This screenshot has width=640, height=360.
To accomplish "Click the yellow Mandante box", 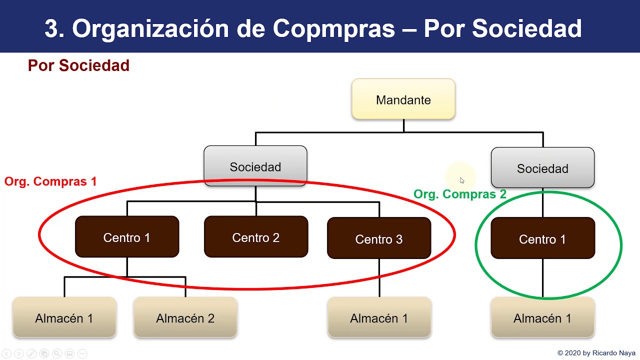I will pyautogui.click(x=403, y=99).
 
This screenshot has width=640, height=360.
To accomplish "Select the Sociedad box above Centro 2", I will pyautogui.click(x=255, y=166).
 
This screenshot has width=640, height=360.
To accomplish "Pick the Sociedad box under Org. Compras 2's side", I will pyautogui.click(x=542, y=168).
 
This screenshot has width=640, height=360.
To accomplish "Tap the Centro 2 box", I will pyautogui.click(x=255, y=237).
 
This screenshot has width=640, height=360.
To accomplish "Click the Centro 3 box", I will pyautogui.click(x=378, y=239).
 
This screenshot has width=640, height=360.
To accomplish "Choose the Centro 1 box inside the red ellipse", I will pyautogui.click(x=126, y=237).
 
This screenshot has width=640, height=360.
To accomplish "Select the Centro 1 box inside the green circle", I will pyautogui.click(x=542, y=239).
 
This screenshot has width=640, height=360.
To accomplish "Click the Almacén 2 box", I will pyautogui.click(x=185, y=318).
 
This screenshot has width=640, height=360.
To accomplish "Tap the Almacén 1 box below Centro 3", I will pyautogui.click(x=378, y=318).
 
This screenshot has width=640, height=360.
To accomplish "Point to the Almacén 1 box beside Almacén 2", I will pyautogui.click(x=64, y=318).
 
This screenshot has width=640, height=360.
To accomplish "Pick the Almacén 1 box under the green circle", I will pyautogui.click(x=542, y=318).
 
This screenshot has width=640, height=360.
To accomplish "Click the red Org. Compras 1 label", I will pyautogui.click(x=50, y=181).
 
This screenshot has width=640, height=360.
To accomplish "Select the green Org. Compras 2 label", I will pyautogui.click(x=459, y=194).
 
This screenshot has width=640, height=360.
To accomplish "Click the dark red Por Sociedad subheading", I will pyautogui.click(x=78, y=65).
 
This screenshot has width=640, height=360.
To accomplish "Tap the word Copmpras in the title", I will pyautogui.click(x=334, y=28).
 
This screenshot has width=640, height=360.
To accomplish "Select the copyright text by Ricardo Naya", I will pyautogui.click(x=596, y=353).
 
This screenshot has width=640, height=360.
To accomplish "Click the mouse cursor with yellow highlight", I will pyautogui.click(x=461, y=180).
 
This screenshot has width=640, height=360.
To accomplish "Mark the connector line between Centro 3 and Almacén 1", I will pyautogui.click(x=379, y=278).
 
